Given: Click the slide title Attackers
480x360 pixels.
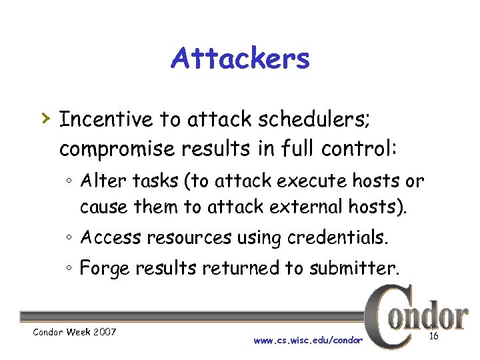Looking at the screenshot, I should click(x=240, y=59).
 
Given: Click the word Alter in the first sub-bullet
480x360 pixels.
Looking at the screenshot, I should click(x=99, y=181).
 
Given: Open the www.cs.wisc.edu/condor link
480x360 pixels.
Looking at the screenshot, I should click(x=308, y=340).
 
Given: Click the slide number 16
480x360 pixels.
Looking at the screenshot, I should click(x=433, y=336).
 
